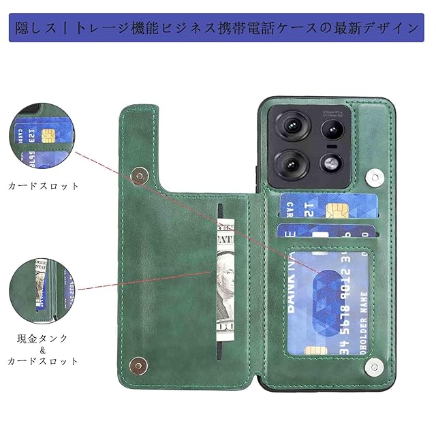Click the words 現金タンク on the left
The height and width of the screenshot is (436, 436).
[43, 338]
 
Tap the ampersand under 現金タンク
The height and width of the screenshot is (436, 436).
[43, 350]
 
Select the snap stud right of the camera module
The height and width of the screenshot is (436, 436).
[374, 178]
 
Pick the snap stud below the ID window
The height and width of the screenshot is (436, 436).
[374, 368]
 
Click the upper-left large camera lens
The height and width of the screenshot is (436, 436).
[292, 125]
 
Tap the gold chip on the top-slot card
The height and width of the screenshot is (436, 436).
[334, 209]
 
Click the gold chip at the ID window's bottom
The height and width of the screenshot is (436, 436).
[314, 349]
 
